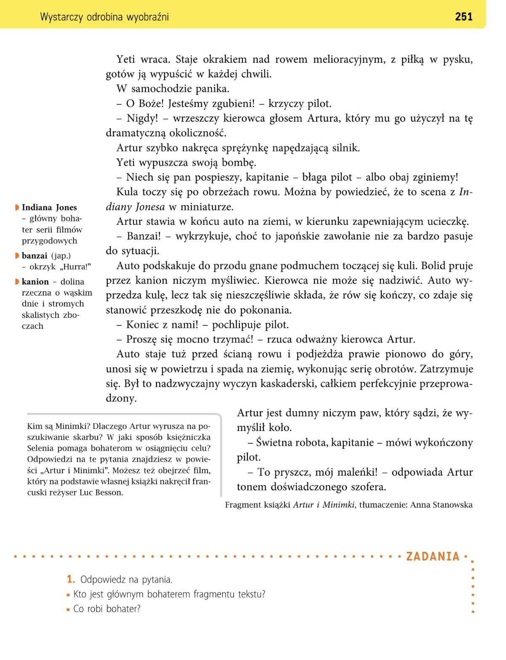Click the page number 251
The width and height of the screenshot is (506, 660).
point(463,17)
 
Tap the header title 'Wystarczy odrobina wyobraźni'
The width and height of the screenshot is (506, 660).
point(104,17)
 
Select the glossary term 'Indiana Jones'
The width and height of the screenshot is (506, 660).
point(49,208)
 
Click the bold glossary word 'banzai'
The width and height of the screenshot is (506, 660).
point(35,256)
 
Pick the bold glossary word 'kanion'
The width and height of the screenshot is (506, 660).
point(35,282)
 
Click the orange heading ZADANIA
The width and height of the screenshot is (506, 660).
point(433,556)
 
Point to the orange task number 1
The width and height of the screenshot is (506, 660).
point(71,580)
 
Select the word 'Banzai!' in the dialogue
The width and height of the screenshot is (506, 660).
point(144,237)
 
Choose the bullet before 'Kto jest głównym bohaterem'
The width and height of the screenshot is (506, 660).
point(68,595)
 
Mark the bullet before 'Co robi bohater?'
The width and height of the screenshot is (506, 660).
point(68,609)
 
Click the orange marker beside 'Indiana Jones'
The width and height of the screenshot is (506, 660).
point(17,208)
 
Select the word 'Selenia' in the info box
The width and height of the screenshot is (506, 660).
point(41,449)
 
